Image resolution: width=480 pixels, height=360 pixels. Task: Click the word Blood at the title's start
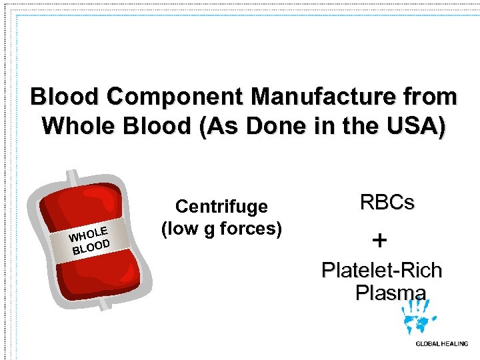pos(61,97)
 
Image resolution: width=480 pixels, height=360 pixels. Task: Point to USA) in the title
pos(419,125)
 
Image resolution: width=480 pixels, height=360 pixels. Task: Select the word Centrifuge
pos(221,207)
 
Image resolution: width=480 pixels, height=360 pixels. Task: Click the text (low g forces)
pos(221,229)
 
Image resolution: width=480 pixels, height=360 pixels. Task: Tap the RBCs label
pos(387,203)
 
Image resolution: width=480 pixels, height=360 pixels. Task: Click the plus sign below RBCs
pos(379,239)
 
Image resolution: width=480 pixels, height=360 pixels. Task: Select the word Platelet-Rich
pos(381,271)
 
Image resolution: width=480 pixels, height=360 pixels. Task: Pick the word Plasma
pos(390,293)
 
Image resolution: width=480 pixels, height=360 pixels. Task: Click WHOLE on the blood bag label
pos(88,234)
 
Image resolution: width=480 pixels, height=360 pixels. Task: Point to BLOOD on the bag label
pos(91,247)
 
